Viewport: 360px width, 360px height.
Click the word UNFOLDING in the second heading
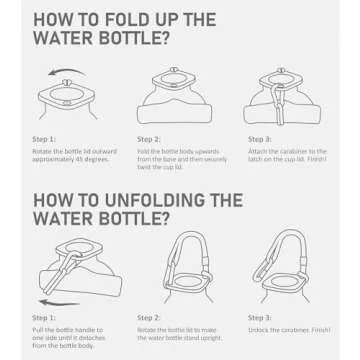point(148,199)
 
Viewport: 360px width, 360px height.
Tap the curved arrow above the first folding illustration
point(67,73)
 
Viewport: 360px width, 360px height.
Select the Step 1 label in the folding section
point(44,139)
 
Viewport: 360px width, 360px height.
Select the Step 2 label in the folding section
point(149,139)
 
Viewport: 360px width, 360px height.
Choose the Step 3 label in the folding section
point(260,139)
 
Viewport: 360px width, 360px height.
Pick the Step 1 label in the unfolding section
point(44,317)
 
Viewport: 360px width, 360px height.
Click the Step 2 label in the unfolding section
point(149,317)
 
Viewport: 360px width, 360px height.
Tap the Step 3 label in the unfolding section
point(260,317)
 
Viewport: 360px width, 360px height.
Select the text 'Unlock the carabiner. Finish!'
point(285,328)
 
